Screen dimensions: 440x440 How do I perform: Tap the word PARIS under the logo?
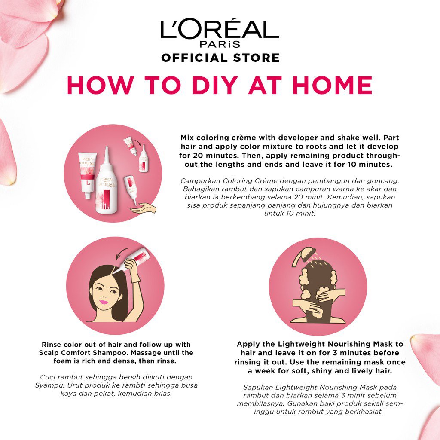tap(220, 44)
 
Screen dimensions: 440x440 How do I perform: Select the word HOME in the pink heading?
tap(332, 86)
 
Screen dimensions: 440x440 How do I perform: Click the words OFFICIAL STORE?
tap(220, 58)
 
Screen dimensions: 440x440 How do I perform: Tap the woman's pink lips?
tap(104, 302)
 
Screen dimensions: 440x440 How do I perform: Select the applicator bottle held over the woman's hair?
tap(131, 260)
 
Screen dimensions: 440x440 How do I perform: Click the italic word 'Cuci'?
tap(47, 377)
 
